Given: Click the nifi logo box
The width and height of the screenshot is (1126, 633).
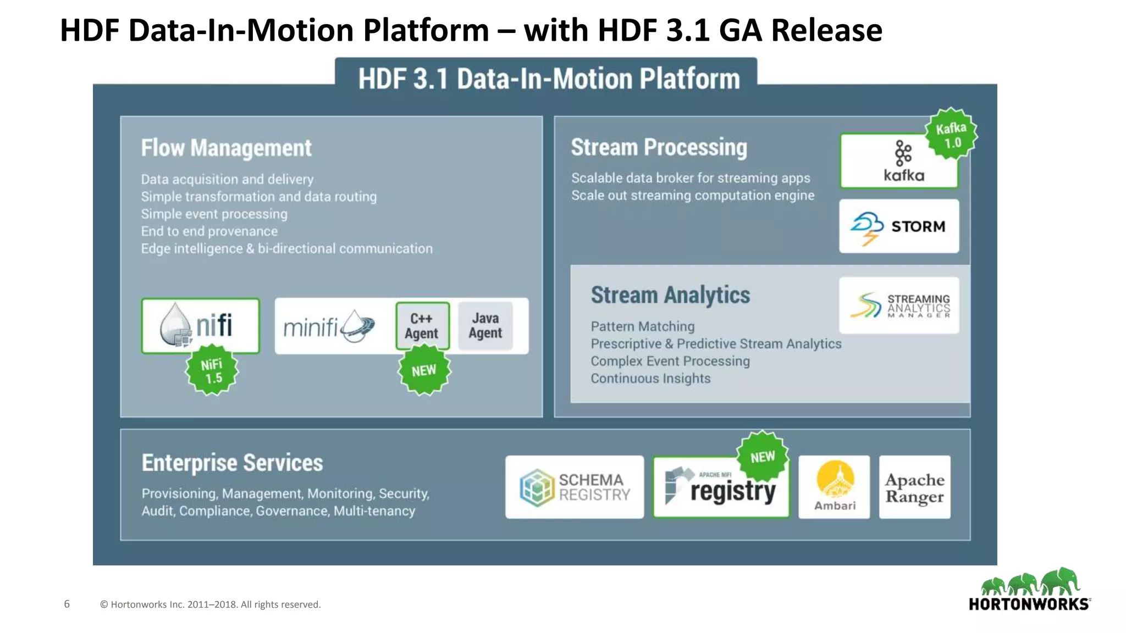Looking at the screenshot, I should pos(201,325).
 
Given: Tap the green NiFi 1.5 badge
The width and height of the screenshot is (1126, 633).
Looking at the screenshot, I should pos(212,371).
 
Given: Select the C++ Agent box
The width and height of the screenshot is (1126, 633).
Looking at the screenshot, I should pos(422,326).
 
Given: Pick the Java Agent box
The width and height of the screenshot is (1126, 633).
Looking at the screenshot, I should pos(485,326).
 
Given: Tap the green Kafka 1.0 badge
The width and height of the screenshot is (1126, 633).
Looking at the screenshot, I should pos(951,135).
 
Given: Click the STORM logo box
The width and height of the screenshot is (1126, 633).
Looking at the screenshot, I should pos(899,226).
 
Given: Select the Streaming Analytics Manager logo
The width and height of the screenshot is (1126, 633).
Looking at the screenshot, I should pos(899,306).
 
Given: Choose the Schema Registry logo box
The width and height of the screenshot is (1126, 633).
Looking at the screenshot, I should pos(575,487).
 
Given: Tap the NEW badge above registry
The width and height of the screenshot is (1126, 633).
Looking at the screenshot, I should pos(763,457).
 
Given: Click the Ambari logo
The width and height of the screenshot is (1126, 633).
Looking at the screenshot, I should pos(835,487).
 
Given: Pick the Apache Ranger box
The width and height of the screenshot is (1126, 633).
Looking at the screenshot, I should pos(915,487).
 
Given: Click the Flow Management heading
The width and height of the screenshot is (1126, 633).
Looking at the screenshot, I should pos(226,148).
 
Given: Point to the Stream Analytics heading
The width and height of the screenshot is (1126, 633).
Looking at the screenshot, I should pos(670,295).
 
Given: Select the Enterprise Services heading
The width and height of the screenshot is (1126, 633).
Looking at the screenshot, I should pos(232,463).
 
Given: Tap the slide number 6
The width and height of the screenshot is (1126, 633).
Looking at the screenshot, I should pos(67,604).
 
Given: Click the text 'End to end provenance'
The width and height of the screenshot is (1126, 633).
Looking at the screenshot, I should pos(209,231).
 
